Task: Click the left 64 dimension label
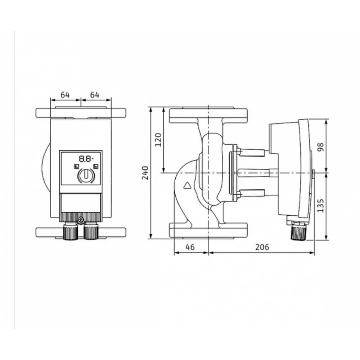tap(65, 95)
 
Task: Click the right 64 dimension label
tap(95, 95)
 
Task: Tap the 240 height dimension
tap(145, 173)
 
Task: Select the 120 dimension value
tap(158, 140)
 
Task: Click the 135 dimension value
tap(320, 206)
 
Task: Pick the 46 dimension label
tap(190, 247)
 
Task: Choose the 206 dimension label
tap(262, 247)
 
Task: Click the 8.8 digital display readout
tap(86, 159)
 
